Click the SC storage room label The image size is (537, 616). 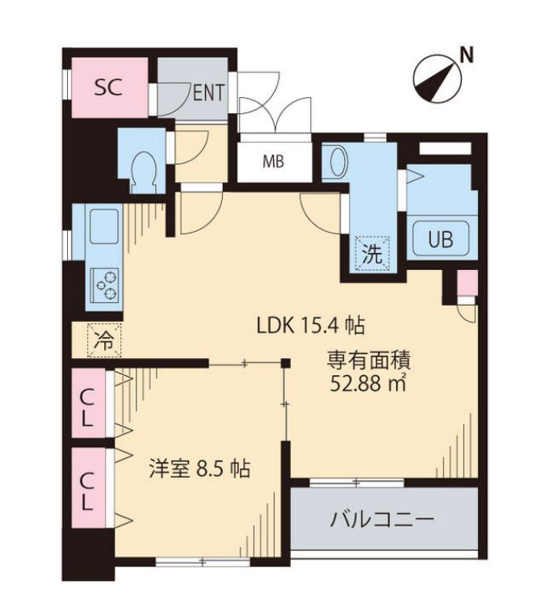(107, 87)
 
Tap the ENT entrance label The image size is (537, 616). (208, 93)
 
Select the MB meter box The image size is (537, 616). (273, 160)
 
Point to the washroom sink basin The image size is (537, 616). (334, 162)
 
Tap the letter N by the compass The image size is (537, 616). (466, 55)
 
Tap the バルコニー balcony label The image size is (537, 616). (382, 519)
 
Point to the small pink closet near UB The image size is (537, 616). (467, 284)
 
